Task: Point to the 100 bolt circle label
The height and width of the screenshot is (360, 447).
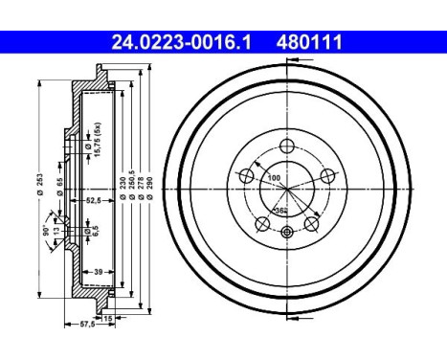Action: [x=275, y=179]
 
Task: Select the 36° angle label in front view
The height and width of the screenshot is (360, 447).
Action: [x=279, y=209]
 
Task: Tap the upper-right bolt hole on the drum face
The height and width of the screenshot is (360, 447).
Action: [x=327, y=175]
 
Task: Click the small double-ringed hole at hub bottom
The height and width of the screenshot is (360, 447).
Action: [x=287, y=233]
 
